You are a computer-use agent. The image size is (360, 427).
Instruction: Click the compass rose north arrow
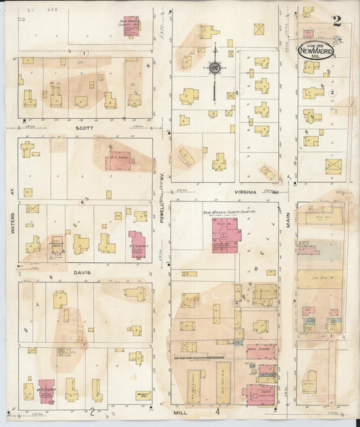coord(215,68)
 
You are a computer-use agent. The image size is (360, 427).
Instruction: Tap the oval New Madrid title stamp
coord(316,51)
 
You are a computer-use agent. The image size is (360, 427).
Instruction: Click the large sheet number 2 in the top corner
coord(336,21)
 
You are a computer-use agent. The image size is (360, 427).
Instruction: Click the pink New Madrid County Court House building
coord(227,233)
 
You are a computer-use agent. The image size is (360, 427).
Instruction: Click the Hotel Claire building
coord(258,351)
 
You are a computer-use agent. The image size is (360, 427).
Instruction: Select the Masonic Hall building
coord(142,395)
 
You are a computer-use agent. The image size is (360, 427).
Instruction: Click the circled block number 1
coord(84,53)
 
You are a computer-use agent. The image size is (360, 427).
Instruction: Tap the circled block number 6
coord(82,201)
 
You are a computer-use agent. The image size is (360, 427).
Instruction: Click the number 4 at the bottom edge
coord(217,410)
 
